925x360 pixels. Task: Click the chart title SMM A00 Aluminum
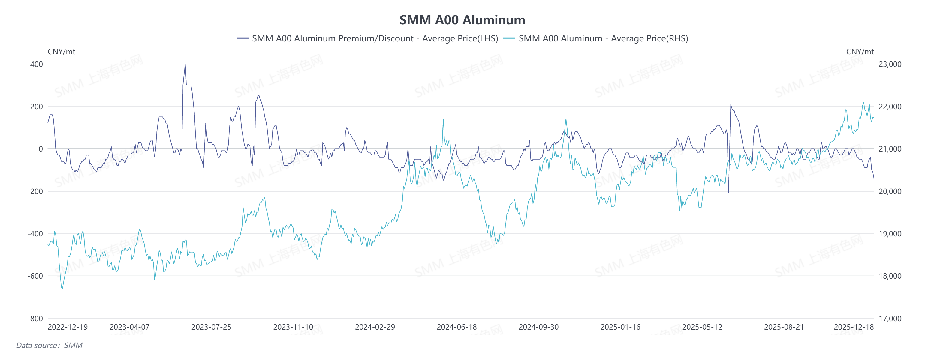click(x=462, y=20)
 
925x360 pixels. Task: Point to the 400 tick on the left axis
click(x=36, y=64)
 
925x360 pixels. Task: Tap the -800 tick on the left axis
click(x=35, y=318)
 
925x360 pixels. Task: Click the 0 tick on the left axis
click(x=41, y=148)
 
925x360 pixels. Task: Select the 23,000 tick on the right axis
click(x=890, y=64)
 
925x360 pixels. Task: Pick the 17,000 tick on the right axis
click(x=890, y=318)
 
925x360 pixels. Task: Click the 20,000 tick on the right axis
click(x=890, y=191)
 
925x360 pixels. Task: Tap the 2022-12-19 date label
click(x=68, y=327)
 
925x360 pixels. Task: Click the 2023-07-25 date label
click(x=211, y=327)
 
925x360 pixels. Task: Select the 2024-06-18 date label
click(x=457, y=327)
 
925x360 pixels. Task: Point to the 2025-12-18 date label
click(x=854, y=327)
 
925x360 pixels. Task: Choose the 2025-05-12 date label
click(x=702, y=327)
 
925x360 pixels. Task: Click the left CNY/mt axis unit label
click(x=62, y=52)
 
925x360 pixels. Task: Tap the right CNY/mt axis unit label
click(x=860, y=52)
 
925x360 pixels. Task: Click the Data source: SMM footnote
click(x=49, y=345)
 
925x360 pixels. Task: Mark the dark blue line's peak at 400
click(x=185, y=64)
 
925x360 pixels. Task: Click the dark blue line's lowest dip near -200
click(x=728, y=192)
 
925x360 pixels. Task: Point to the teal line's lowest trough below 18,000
click(x=62, y=288)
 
